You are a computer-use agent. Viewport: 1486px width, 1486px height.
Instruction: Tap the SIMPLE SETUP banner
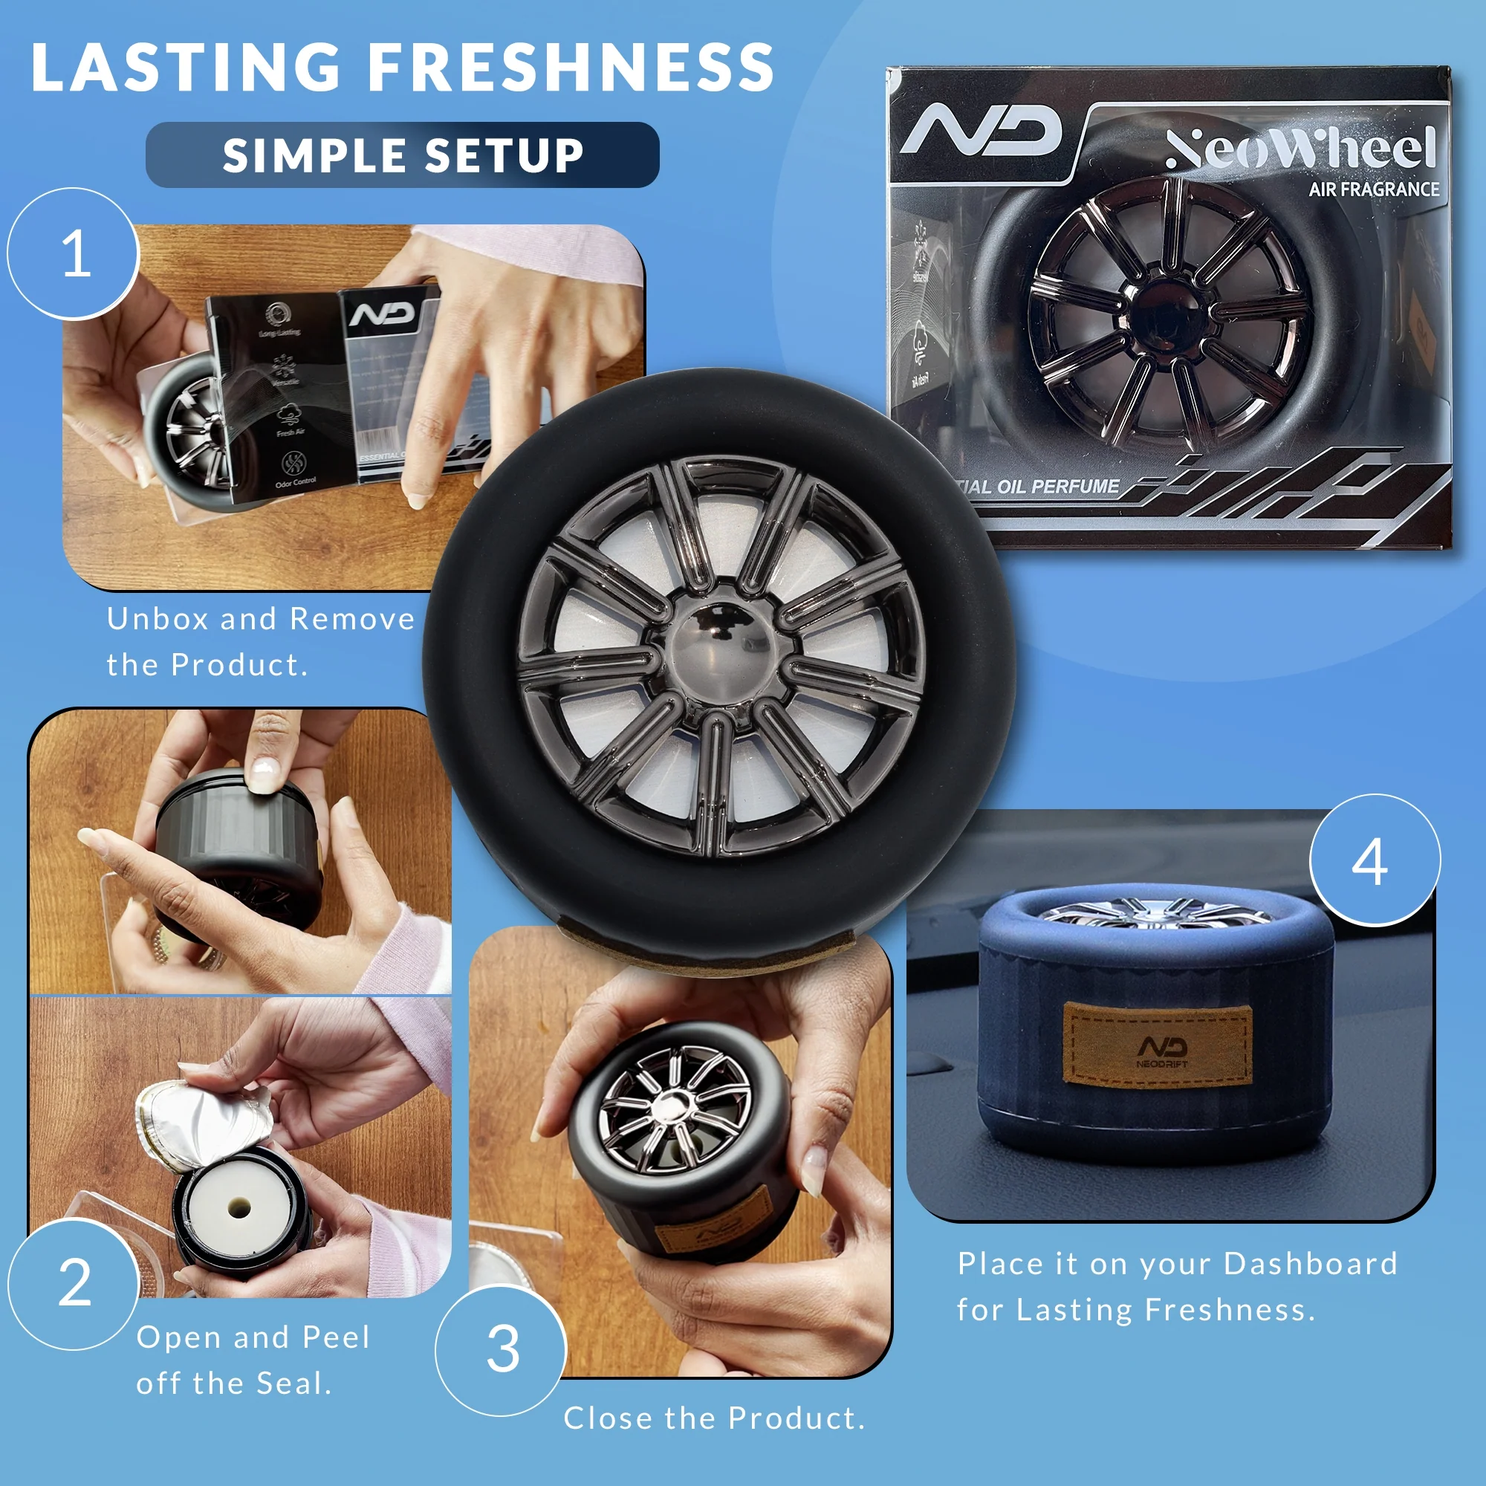click(x=402, y=155)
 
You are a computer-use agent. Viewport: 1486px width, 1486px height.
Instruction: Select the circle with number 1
click(x=74, y=254)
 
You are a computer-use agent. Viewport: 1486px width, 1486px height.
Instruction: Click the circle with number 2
click(x=74, y=1283)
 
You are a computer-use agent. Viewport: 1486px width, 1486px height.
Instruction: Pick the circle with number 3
click(x=502, y=1349)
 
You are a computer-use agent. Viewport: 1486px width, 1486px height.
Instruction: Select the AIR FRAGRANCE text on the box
click(x=1374, y=189)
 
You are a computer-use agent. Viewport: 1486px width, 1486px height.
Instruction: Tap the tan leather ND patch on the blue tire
click(x=1157, y=1045)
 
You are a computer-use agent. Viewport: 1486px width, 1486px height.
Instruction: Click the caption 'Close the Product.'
click(x=714, y=1418)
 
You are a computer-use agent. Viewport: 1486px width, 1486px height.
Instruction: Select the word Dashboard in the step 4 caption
click(x=1310, y=1264)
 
